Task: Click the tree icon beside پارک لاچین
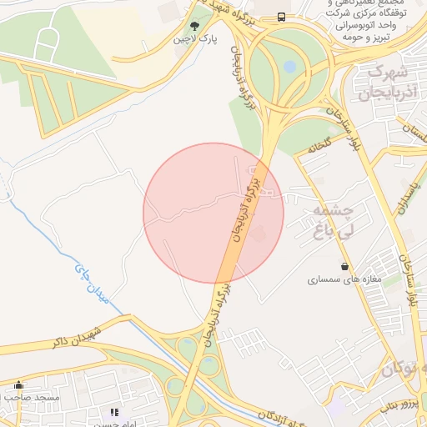195,27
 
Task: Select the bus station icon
281,17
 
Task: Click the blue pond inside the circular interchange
289,66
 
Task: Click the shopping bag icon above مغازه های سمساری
344,266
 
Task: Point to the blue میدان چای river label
93,288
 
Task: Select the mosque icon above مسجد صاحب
20,385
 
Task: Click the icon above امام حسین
114,412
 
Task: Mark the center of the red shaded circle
213,213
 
